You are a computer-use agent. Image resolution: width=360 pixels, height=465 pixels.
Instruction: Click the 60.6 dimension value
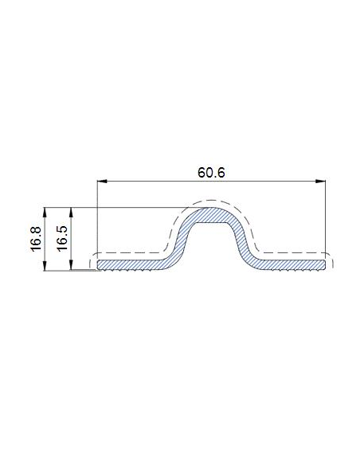tap(211, 171)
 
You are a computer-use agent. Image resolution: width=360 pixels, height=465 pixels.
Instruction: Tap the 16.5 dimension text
tap(61, 239)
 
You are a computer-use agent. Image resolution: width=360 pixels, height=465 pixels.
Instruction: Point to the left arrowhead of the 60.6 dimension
tap(100, 182)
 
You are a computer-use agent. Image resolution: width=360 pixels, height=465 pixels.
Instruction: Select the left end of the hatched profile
tap(99, 264)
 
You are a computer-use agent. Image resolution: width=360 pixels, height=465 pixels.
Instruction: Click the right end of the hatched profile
tap(325, 264)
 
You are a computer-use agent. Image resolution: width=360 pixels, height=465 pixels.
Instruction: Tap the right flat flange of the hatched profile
tap(291, 264)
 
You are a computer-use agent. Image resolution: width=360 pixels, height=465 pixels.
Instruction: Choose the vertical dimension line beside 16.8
tap(46, 239)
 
